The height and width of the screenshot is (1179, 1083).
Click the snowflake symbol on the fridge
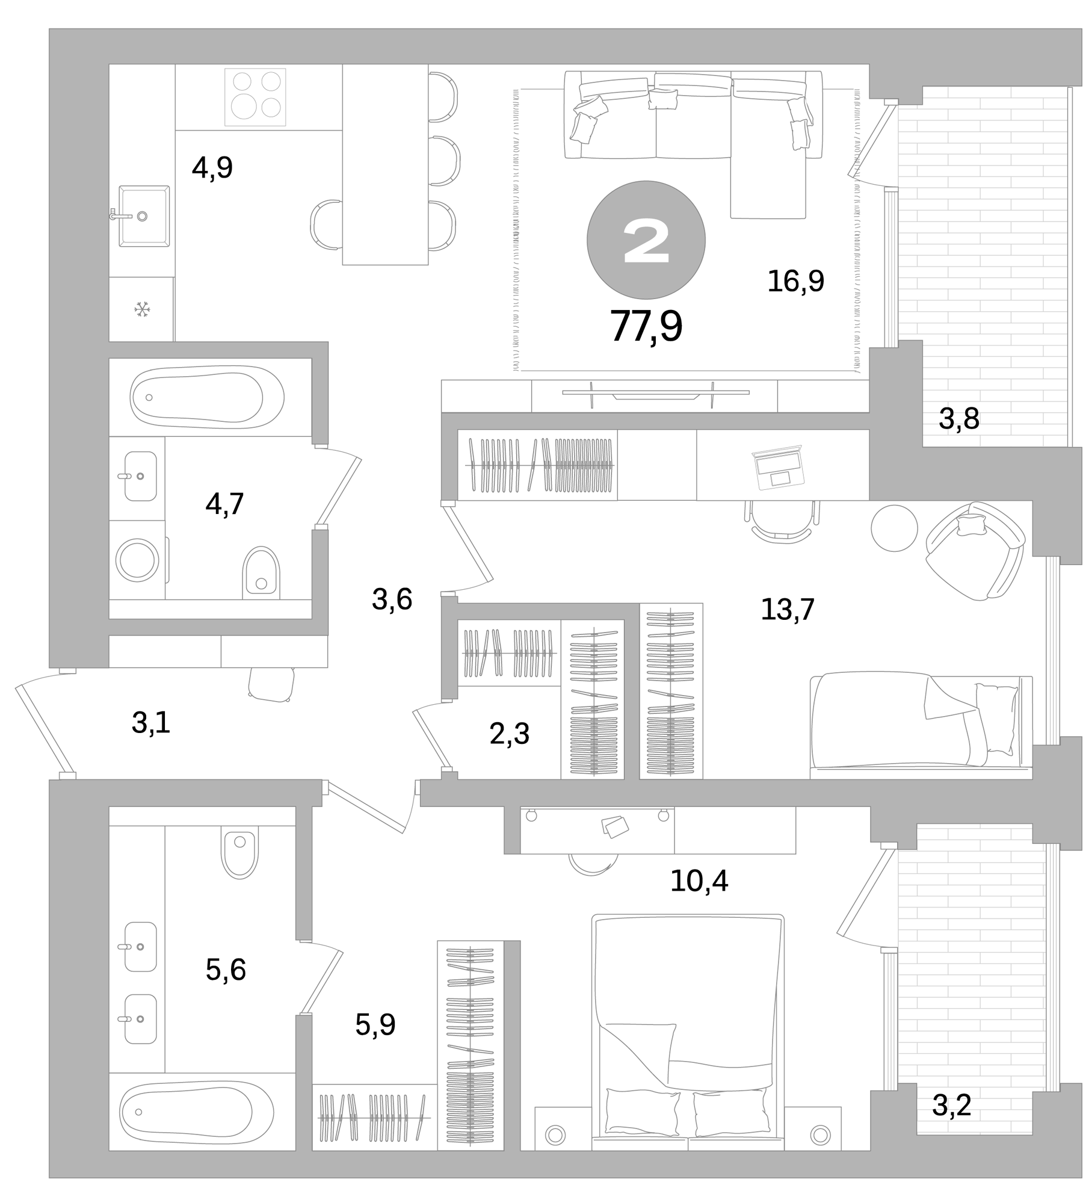[x=142, y=310]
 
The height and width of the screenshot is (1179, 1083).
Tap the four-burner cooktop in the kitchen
[x=255, y=97]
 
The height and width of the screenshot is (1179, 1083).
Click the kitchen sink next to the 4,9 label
[x=144, y=216]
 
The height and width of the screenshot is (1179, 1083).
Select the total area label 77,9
[x=646, y=326]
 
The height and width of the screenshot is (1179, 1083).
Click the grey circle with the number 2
[x=646, y=240]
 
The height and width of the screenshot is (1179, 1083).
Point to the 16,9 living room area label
[x=795, y=281]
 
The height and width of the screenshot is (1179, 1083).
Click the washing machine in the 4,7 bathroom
[x=138, y=560]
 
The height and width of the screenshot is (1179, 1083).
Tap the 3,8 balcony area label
[x=959, y=419]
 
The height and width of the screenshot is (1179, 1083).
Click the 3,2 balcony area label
[x=952, y=1105]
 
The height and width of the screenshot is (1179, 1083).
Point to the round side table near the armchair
[x=894, y=528]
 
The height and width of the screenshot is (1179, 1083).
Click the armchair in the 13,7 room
[x=975, y=550]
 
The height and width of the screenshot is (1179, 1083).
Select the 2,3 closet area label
[x=509, y=734]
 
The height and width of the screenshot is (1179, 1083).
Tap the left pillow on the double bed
[x=642, y=1112]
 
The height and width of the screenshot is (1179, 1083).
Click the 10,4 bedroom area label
[x=699, y=881]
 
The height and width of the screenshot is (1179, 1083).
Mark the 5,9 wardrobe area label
[x=375, y=1025]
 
